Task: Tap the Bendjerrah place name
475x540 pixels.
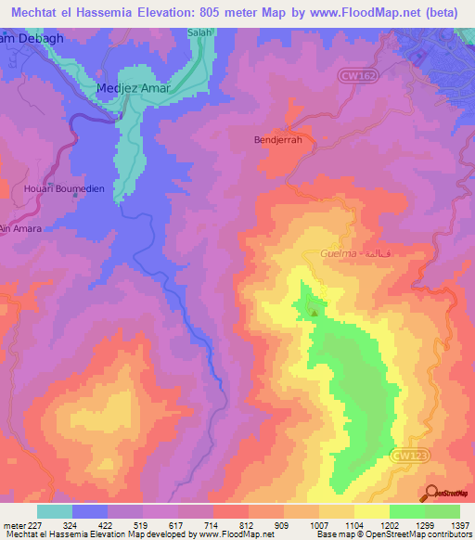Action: (278, 140)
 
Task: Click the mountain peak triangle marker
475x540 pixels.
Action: (314, 312)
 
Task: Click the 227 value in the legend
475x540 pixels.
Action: (39, 524)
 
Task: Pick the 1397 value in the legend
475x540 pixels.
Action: (459, 524)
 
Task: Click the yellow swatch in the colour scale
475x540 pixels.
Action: (372, 511)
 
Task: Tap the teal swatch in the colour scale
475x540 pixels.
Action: (55, 511)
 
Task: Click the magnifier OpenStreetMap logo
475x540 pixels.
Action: (430, 494)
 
